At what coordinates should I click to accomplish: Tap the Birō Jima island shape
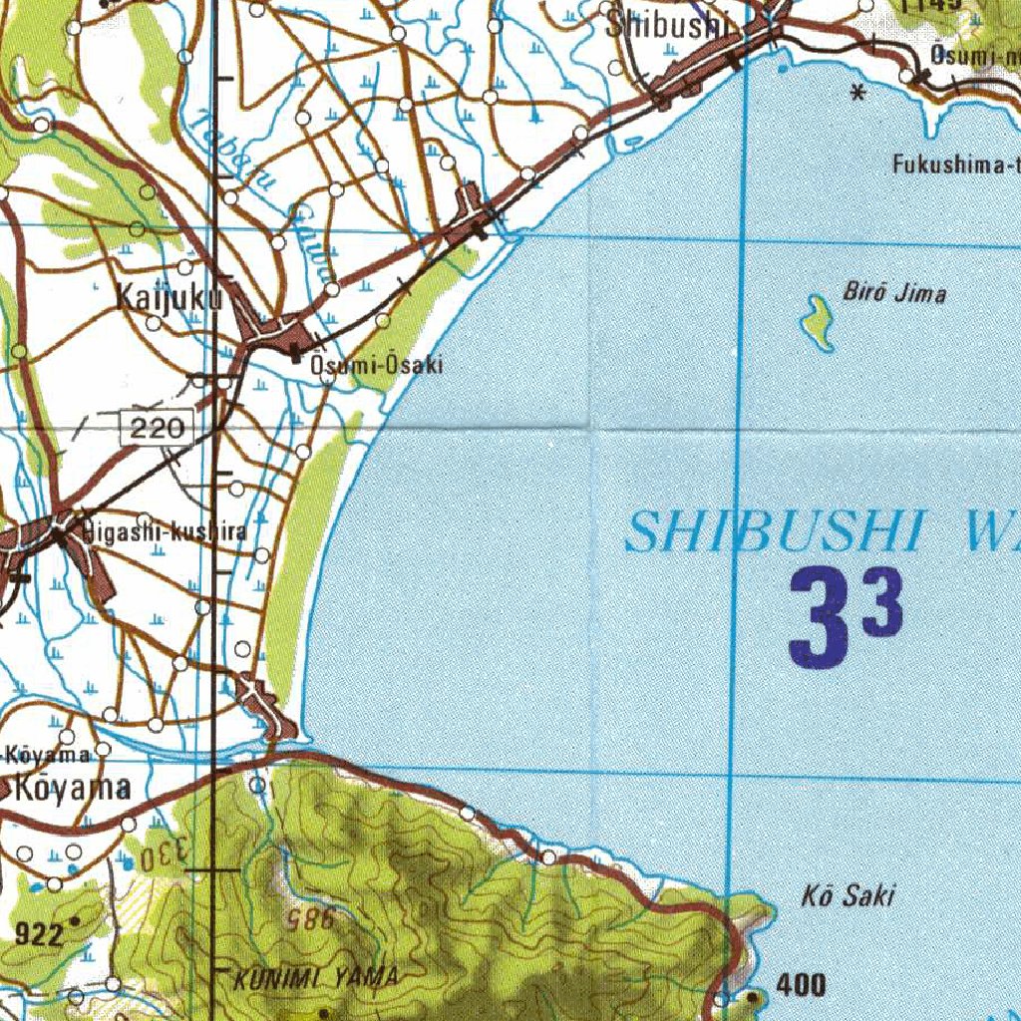(x=819, y=323)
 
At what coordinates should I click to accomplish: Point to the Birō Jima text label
(x=894, y=293)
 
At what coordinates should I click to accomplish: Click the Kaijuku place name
(x=167, y=297)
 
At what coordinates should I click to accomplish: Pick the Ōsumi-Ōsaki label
(x=376, y=366)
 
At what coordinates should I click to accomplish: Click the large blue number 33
(x=846, y=617)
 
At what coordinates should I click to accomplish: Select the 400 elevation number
(x=801, y=986)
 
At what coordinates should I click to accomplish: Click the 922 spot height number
(x=39, y=934)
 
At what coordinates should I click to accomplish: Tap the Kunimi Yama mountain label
(x=316, y=978)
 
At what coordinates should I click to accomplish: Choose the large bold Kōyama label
(x=74, y=789)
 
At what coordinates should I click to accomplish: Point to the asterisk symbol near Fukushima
(x=856, y=95)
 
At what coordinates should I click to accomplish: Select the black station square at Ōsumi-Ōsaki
(x=297, y=352)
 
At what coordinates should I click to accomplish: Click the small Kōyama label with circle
(x=50, y=753)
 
